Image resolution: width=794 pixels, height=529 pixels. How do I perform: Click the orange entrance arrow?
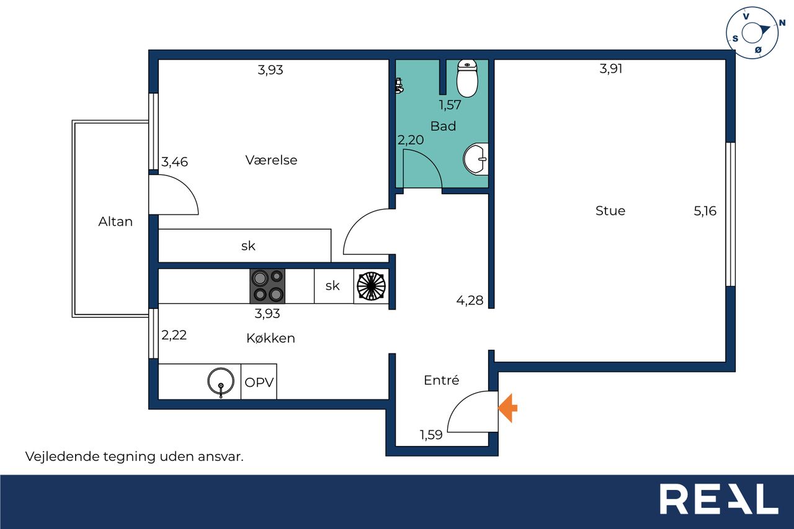[x=507, y=408]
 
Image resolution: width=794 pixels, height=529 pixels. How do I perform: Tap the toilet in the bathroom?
[x=467, y=78]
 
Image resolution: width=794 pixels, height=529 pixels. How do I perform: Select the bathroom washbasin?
[x=476, y=159]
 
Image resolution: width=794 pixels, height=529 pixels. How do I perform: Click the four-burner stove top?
[x=267, y=286]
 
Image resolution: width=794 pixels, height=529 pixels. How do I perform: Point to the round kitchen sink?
[x=220, y=381]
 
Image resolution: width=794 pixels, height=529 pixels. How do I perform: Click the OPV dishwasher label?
[x=259, y=382]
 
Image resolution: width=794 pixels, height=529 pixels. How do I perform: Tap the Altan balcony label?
[x=115, y=221]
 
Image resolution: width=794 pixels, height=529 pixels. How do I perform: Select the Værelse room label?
[x=271, y=160]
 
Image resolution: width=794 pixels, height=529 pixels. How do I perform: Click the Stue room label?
[x=610, y=210]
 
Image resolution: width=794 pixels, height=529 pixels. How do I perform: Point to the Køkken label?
[x=270, y=338]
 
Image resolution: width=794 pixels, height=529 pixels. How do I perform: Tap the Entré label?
[x=441, y=380]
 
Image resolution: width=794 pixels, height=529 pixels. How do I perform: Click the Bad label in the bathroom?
[x=443, y=126]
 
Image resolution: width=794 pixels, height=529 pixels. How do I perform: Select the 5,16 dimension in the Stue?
[x=705, y=211]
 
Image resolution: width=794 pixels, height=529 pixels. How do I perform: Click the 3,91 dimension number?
[x=611, y=69]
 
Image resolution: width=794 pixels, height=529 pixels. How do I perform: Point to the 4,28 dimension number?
[x=470, y=300]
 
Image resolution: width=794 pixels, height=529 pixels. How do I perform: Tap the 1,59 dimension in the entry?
[x=431, y=435]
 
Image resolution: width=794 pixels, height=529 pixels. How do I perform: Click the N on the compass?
[x=782, y=24]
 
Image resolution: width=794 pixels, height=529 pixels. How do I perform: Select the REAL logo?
[x=719, y=499]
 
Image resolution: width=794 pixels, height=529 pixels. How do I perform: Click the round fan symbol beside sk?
[x=371, y=285]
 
